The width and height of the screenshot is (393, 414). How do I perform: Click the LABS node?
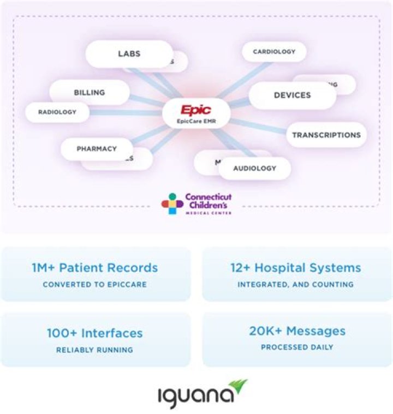[129, 53]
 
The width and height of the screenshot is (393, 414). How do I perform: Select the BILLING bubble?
[90, 92]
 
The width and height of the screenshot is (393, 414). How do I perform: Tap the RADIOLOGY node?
[57, 112]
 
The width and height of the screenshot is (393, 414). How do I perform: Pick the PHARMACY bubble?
[97, 148]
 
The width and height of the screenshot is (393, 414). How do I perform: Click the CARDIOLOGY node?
[274, 52]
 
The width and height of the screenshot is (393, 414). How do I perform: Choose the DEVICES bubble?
[292, 95]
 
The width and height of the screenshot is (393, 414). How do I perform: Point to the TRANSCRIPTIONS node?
[326, 135]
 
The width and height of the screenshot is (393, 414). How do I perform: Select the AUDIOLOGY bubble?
[255, 168]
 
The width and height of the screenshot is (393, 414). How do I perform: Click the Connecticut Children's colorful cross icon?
[172, 203]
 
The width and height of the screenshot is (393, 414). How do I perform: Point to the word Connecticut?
[209, 196]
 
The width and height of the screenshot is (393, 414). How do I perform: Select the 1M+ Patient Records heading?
[94, 268]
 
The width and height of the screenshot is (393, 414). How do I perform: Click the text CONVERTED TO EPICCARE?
[94, 284]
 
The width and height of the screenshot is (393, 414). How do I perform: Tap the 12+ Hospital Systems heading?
[295, 268]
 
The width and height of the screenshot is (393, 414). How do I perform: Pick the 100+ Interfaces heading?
[94, 333]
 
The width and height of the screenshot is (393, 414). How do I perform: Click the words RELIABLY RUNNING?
[94, 350]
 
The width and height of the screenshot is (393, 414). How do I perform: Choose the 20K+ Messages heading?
[297, 331]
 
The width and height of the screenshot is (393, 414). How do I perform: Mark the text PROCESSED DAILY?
[297, 347]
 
